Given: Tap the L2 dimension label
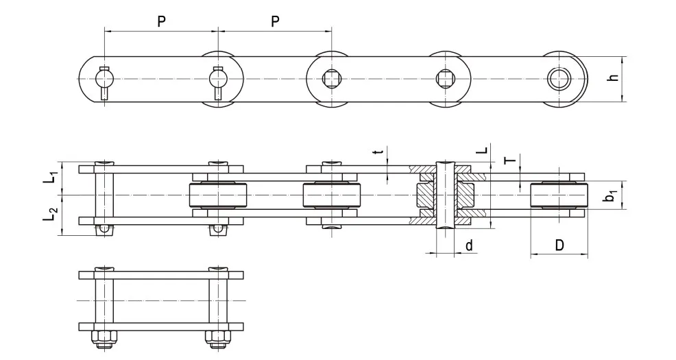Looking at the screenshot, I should (50, 215).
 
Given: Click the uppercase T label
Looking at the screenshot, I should (508, 161).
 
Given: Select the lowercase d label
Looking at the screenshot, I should (469, 245).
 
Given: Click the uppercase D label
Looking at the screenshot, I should (559, 245).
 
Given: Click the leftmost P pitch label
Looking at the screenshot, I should (161, 21).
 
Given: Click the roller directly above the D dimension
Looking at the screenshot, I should (559, 197).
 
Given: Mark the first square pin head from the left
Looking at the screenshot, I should (330, 79).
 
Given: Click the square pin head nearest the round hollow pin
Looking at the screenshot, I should (444, 79).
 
